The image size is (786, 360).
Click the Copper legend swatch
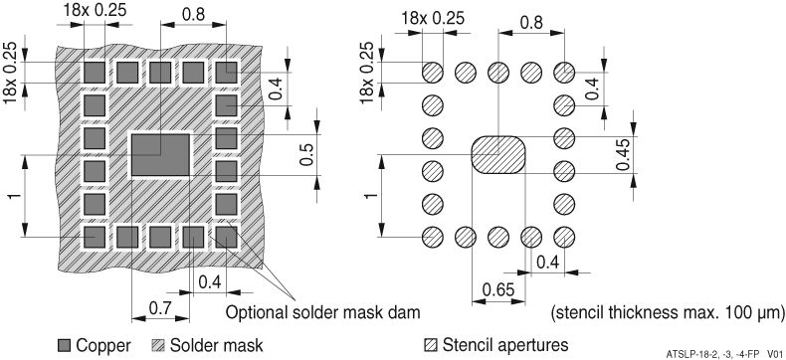pos(65,345)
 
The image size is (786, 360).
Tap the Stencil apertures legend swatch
pos(431,345)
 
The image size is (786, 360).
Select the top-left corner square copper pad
pos(94,72)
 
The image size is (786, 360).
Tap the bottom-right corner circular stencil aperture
pos(563,237)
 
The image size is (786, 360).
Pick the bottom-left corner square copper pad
pos(94,237)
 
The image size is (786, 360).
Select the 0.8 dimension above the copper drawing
pos(192,16)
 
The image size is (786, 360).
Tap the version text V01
pos(776,352)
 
